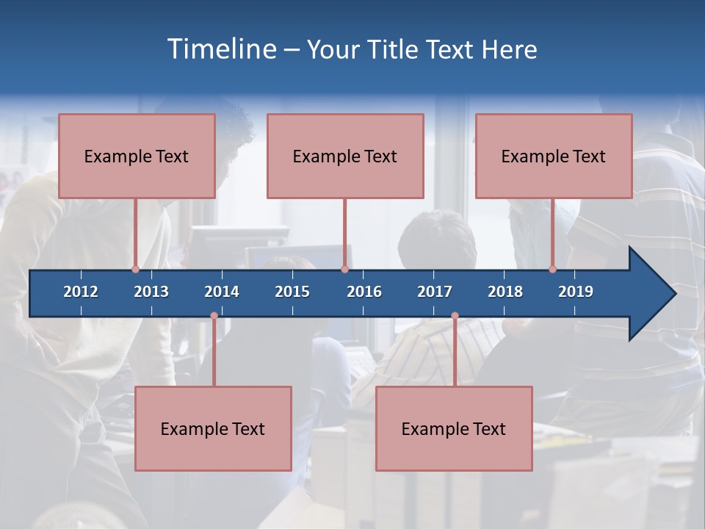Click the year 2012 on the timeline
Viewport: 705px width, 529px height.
pyautogui.click(x=81, y=292)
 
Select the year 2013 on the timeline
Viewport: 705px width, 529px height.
pyautogui.click(x=151, y=292)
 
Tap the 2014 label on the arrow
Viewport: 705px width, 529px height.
pyautogui.click(x=222, y=292)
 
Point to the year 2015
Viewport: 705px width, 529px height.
pyautogui.click(x=292, y=292)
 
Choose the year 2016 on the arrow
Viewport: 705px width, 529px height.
pyautogui.click(x=364, y=292)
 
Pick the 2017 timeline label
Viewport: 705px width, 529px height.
pyautogui.click(x=435, y=292)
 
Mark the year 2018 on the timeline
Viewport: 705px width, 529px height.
pyautogui.click(x=505, y=292)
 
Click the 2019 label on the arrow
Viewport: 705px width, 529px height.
pyautogui.click(x=576, y=292)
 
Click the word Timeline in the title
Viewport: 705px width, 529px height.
pyautogui.click(x=220, y=48)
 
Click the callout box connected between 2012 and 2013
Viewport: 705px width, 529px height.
pyautogui.click(x=137, y=156)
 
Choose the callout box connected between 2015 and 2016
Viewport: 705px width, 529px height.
pyautogui.click(x=345, y=156)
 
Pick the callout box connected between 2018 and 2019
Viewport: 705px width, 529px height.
pyautogui.click(x=554, y=156)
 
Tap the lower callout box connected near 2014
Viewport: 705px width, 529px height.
pyautogui.click(x=213, y=428)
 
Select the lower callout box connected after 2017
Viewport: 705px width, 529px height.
pyautogui.click(x=454, y=428)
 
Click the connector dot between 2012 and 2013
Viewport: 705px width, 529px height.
pyautogui.click(x=135, y=269)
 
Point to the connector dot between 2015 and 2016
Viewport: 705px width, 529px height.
pyautogui.click(x=344, y=269)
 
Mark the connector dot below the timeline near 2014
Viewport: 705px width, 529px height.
pyautogui.click(x=214, y=316)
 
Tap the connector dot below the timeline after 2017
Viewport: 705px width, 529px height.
pyautogui.click(x=455, y=316)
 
